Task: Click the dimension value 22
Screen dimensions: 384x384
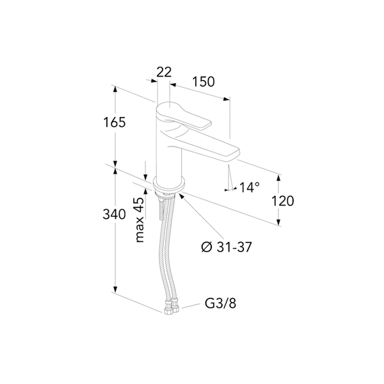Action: pos(164,72)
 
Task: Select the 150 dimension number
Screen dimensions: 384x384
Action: pos(203,81)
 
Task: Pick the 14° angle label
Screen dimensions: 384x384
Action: pos(249,188)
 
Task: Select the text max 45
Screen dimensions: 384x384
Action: pos(140,220)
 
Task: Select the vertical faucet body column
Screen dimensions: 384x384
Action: pos(170,157)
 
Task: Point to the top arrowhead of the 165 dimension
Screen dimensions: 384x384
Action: pos(116,90)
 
